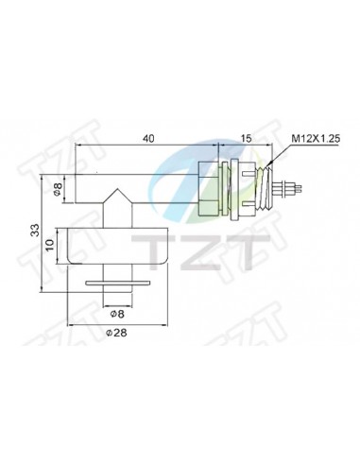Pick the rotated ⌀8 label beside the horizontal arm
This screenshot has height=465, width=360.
[x=58, y=189]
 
